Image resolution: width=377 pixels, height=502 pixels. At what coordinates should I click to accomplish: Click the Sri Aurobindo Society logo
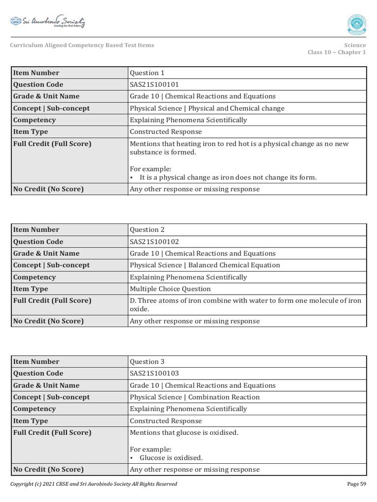pos(48,22)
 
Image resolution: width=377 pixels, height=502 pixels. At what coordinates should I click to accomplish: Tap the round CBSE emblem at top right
pos(356,25)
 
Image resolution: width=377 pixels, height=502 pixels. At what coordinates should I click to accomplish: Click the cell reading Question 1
pos(147,73)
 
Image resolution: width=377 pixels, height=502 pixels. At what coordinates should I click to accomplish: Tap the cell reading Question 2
pos(147,229)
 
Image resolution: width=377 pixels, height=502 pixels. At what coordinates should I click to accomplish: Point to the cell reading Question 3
pos(147,362)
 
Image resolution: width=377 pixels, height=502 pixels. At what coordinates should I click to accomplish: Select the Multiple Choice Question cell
pos(170,289)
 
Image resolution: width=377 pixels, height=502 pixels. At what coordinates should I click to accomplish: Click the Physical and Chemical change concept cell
pos(207,108)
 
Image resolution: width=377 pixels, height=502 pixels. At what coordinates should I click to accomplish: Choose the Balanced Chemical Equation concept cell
pos(205,265)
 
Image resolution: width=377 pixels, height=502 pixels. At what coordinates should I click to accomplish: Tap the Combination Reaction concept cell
pos(194,397)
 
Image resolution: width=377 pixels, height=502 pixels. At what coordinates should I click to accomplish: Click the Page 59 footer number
pos(356,484)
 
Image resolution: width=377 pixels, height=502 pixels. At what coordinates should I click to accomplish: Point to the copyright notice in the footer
pos(94,484)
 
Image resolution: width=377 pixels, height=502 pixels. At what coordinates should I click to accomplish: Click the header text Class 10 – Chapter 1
pos(336,52)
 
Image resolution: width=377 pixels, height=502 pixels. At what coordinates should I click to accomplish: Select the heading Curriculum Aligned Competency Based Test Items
pos(82,45)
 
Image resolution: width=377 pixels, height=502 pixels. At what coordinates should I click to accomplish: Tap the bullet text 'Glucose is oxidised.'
pos(171,457)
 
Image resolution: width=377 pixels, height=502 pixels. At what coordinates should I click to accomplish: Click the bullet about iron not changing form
pos(228,177)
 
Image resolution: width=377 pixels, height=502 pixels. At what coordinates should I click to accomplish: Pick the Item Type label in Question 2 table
pos(30,289)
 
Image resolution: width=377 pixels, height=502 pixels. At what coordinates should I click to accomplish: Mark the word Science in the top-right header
pos(354,45)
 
